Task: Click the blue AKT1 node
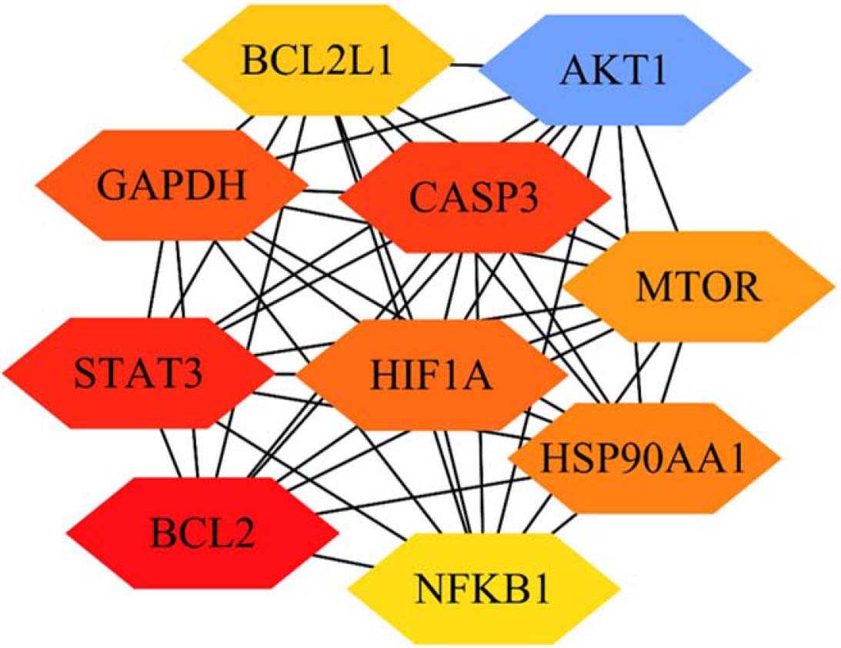615,72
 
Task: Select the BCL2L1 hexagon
316,59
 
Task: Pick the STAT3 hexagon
138,374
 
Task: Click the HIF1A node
431,376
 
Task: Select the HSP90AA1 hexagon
644,459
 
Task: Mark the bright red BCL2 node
202,532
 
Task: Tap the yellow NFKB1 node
483,590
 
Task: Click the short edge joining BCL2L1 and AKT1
466,65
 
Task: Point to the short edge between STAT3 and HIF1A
285,375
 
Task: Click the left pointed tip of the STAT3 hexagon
4,374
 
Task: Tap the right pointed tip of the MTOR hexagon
834,286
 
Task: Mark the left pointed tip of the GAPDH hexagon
37,185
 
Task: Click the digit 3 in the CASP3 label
526,199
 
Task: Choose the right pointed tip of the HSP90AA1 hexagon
780,459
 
